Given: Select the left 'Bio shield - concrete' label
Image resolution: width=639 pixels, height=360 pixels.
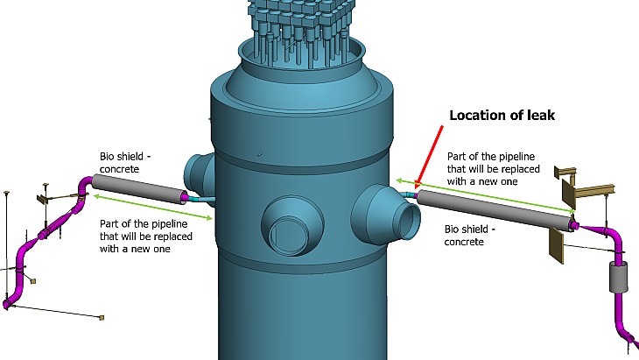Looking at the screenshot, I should (124, 162).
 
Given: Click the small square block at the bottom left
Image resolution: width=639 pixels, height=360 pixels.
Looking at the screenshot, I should (102, 316).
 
